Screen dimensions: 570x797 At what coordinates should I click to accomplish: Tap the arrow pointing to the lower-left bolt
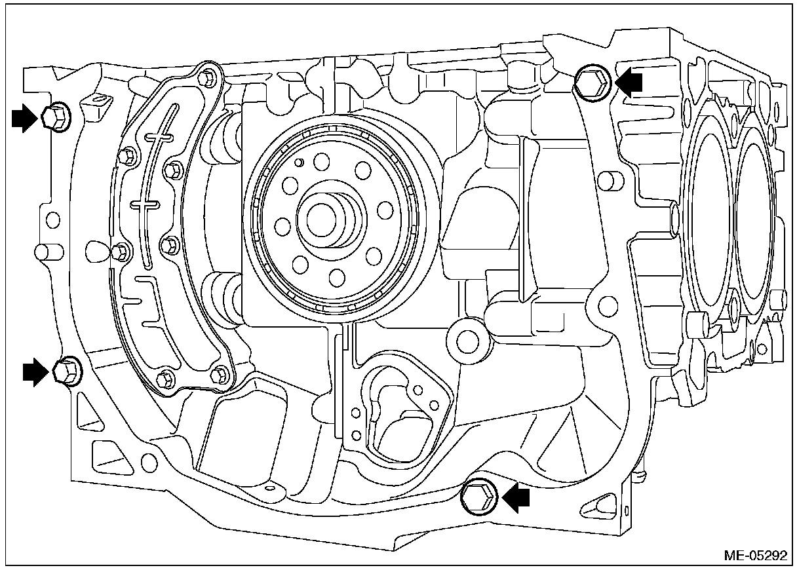(35, 371)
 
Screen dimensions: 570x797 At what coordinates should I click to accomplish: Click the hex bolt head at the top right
(593, 81)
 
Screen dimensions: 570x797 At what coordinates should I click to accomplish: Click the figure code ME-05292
(754, 556)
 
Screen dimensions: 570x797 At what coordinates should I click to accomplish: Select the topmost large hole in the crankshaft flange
(322, 161)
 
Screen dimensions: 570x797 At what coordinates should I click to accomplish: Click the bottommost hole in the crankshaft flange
(338, 277)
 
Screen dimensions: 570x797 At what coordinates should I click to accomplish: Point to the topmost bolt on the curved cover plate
(209, 78)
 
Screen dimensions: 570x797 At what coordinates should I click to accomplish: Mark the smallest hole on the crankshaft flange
(299, 162)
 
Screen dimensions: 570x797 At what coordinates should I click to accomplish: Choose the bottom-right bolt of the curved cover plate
(221, 373)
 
